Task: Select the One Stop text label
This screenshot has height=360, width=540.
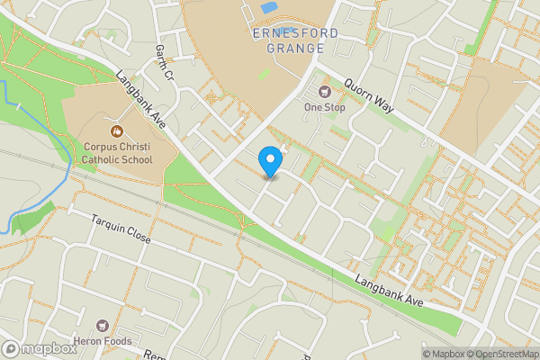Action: pyautogui.click(x=325, y=107)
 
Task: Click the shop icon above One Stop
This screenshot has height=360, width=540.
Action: pyautogui.click(x=325, y=91)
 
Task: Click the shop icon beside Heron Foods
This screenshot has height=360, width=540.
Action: pyautogui.click(x=102, y=325)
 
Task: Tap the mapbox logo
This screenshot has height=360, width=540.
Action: pyautogui.click(x=40, y=348)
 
